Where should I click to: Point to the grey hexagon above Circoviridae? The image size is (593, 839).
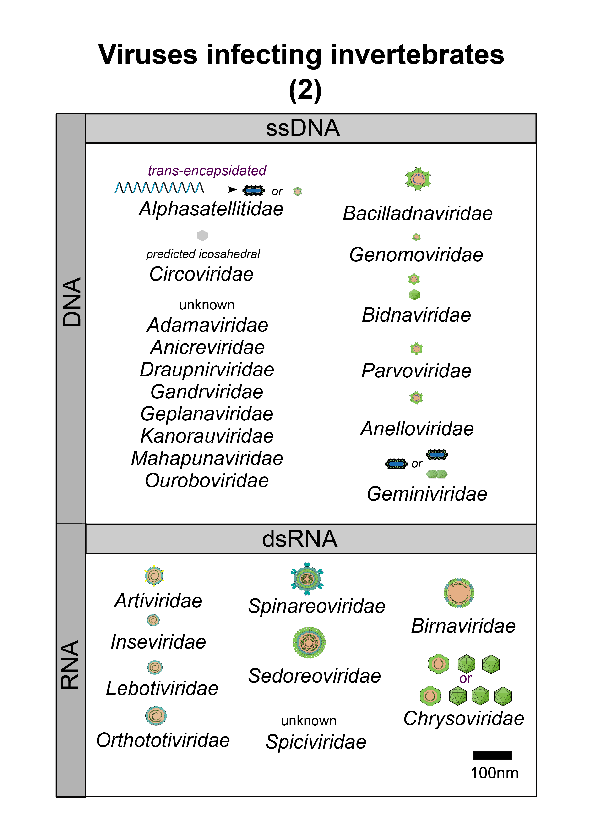tap(202, 235)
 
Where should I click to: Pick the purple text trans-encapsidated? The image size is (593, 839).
tap(207, 171)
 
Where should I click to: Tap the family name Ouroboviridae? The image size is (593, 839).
tap(207, 480)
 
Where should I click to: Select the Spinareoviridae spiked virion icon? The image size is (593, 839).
tap(307, 579)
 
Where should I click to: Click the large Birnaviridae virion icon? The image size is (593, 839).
tap(459, 593)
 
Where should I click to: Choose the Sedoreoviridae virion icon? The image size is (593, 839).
tap(309, 642)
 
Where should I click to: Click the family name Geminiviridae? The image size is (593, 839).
tap(427, 494)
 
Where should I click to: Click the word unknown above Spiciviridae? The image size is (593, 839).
tap(309, 721)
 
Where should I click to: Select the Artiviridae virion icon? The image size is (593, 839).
tap(154, 576)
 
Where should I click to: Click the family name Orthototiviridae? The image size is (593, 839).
tap(163, 740)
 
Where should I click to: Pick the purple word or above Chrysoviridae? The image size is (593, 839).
tap(465, 678)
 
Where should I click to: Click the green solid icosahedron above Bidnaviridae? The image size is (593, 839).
tap(414, 294)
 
